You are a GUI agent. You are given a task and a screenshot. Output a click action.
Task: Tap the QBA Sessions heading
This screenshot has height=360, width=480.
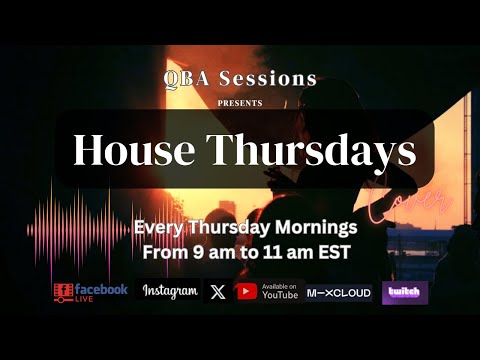click(240, 78)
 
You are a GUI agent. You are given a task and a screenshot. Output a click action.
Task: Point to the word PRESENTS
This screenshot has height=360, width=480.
click(240, 102)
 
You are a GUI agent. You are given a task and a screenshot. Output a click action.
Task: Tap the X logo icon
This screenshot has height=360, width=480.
click(217, 292)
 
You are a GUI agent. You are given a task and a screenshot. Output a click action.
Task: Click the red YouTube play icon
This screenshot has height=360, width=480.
click(246, 292)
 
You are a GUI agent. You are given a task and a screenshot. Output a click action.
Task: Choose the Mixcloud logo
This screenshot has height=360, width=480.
click(339, 292)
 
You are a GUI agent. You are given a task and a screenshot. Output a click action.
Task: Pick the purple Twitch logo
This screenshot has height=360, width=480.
click(405, 292)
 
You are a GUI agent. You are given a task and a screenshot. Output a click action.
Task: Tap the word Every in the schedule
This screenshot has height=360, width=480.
click(157, 227)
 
